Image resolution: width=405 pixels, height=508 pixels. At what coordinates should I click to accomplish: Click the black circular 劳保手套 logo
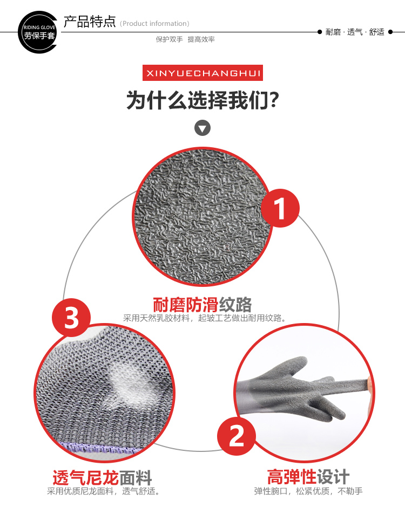point(38,32)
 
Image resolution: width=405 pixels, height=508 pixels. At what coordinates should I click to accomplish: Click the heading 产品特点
point(90,22)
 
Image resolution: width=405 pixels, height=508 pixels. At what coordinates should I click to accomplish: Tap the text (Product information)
point(154,23)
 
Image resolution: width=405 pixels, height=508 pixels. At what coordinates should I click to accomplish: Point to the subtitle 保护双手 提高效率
point(185,39)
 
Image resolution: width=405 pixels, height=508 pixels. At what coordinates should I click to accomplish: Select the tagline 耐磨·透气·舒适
point(355,32)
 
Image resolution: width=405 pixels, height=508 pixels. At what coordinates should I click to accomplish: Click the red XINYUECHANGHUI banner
point(203,73)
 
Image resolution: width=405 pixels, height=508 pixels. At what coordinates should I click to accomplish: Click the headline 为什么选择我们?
point(203,100)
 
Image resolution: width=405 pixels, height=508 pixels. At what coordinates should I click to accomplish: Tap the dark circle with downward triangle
point(202,128)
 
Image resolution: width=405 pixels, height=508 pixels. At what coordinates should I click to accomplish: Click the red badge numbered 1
point(280,208)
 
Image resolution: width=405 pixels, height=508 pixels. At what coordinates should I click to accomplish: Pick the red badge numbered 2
point(237,436)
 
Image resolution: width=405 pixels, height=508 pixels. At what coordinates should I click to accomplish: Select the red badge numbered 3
point(71,318)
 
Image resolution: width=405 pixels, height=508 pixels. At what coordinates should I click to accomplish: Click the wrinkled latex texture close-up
point(202,216)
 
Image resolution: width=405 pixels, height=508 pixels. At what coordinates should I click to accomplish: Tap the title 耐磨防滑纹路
point(202,304)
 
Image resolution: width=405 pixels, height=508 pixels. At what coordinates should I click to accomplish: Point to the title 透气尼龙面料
point(102,477)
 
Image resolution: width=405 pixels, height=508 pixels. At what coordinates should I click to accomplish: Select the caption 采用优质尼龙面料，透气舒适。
point(104,491)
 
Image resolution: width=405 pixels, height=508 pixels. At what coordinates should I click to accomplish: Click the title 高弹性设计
point(308,477)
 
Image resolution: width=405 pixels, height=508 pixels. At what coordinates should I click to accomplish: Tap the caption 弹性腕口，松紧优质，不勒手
point(308,491)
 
